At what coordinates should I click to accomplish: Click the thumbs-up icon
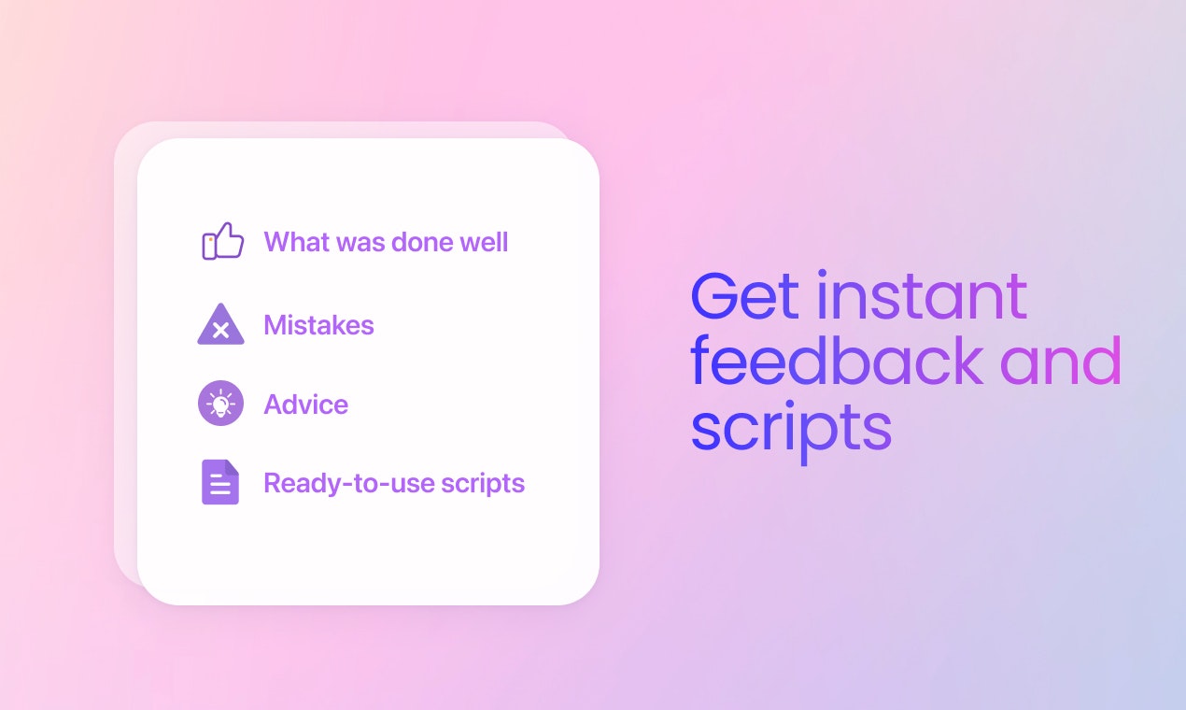point(223,241)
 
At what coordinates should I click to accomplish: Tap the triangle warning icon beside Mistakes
point(220,325)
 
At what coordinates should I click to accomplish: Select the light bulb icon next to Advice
point(220,404)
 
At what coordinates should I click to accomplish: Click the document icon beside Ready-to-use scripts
point(220,482)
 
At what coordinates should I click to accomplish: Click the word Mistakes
point(318,325)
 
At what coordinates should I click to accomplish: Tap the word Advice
point(306,405)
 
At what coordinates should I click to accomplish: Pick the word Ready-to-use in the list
point(349,483)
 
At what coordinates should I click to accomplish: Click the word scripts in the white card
point(483,484)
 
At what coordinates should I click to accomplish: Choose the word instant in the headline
point(923,294)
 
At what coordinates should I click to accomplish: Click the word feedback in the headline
point(837,360)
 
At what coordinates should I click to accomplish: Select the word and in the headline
point(1061,360)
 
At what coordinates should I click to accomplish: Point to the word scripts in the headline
point(792,431)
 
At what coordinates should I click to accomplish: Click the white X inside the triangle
point(220,331)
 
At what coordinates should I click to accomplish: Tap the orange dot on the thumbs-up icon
point(211,239)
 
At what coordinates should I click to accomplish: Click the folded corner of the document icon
point(233,467)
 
